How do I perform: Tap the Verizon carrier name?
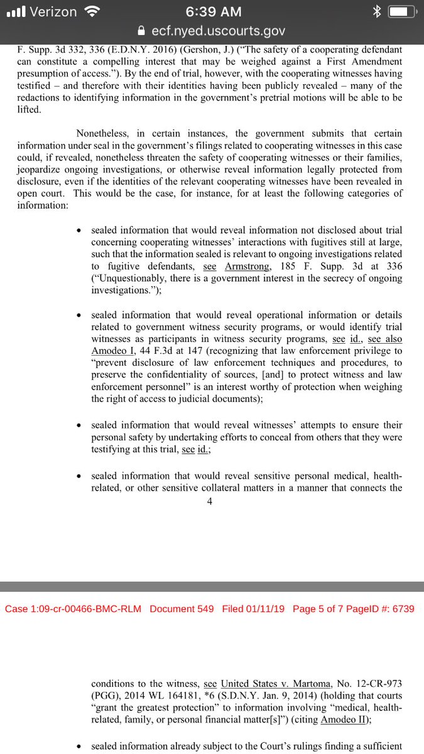(x=52, y=12)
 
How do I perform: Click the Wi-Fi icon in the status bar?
(x=92, y=12)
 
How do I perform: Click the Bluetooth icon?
(x=377, y=12)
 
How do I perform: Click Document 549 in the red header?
(x=182, y=609)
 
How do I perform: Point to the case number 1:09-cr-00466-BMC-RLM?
(x=73, y=609)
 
